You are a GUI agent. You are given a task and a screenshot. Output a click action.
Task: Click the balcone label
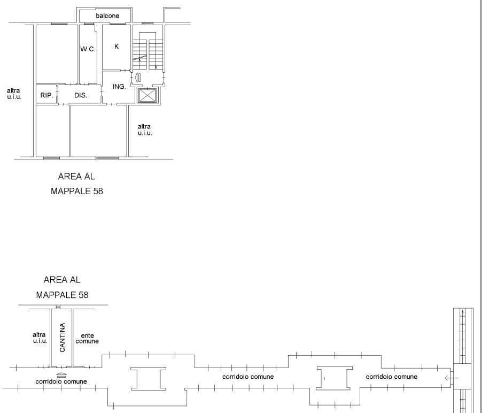[107, 16]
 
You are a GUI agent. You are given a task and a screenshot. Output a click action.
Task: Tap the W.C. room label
[88, 49]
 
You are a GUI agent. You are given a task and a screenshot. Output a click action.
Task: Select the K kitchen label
[117, 47]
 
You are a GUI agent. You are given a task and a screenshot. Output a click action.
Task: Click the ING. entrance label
[119, 87]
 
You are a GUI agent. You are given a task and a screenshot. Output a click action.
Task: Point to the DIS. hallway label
[81, 95]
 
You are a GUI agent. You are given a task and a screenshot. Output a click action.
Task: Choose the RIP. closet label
[47, 95]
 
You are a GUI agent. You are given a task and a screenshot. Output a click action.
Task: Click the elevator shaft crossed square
[147, 95]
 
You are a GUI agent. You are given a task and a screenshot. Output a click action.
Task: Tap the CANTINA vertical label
[62, 338]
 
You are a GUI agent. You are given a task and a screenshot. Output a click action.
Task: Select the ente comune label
[87, 339]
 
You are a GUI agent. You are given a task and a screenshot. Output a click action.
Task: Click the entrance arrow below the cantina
[61, 375]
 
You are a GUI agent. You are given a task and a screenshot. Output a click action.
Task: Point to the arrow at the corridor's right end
[451, 378]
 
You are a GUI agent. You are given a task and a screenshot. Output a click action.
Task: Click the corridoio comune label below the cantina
[61, 381]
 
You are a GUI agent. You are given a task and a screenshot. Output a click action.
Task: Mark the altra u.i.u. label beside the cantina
[40, 338]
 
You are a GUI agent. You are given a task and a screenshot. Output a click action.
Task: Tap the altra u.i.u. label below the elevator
[145, 129]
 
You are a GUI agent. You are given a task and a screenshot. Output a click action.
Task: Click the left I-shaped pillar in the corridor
[149, 379]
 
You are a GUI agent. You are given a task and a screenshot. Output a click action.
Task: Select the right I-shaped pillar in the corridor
[335, 378]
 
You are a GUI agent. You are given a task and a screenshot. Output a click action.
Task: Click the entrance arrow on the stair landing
[138, 77]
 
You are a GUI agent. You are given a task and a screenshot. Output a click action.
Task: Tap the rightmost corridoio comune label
[391, 377]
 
